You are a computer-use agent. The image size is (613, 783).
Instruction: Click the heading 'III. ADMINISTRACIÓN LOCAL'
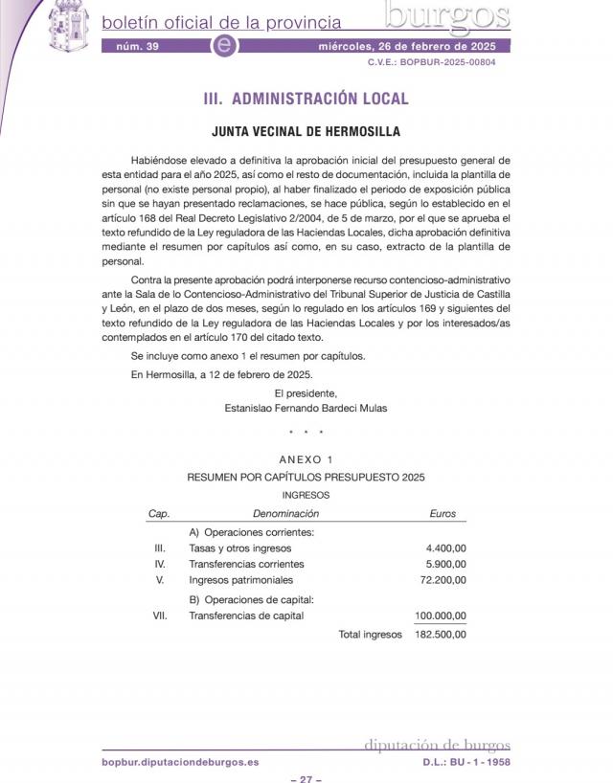[306, 99]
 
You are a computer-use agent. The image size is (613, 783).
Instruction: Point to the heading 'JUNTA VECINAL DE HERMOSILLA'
[306, 132]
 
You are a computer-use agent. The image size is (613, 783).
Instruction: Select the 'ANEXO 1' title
[306, 459]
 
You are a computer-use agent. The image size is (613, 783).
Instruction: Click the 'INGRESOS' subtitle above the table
[306, 495]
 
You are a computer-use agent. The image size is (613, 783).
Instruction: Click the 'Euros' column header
[443, 514]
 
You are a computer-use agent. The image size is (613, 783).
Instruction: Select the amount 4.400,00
[446, 548]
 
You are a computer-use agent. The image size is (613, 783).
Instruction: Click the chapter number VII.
[160, 615]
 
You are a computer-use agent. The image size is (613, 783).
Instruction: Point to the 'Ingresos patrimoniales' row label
[241, 580]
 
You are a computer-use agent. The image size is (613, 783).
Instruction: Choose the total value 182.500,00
[440, 634]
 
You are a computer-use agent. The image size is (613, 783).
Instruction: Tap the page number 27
[306, 779]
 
